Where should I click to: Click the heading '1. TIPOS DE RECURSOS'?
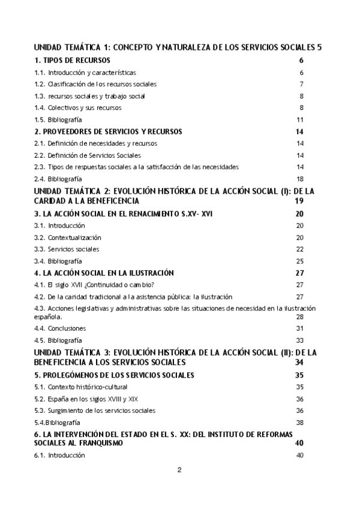(72, 61)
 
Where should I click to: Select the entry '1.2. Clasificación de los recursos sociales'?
(95, 84)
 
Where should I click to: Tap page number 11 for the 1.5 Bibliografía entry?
(301, 119)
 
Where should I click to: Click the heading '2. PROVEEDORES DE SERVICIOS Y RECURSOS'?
(108, 131)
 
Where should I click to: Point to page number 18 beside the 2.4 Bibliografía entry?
(301, 178)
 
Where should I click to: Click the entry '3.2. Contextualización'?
(67, 237)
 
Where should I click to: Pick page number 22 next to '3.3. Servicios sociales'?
(301, 248)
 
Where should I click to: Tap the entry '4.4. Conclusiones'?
(60, 328)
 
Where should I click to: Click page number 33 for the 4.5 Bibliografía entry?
(301, 340)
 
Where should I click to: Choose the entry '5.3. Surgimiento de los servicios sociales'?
(95, 410)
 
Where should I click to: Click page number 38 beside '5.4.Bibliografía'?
(301, 422)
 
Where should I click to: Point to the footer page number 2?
(179, 469)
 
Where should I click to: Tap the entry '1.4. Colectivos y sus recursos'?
(78, 107)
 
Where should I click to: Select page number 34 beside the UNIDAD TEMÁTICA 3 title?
(300, 363)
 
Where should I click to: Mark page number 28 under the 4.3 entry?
(301, 316)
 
